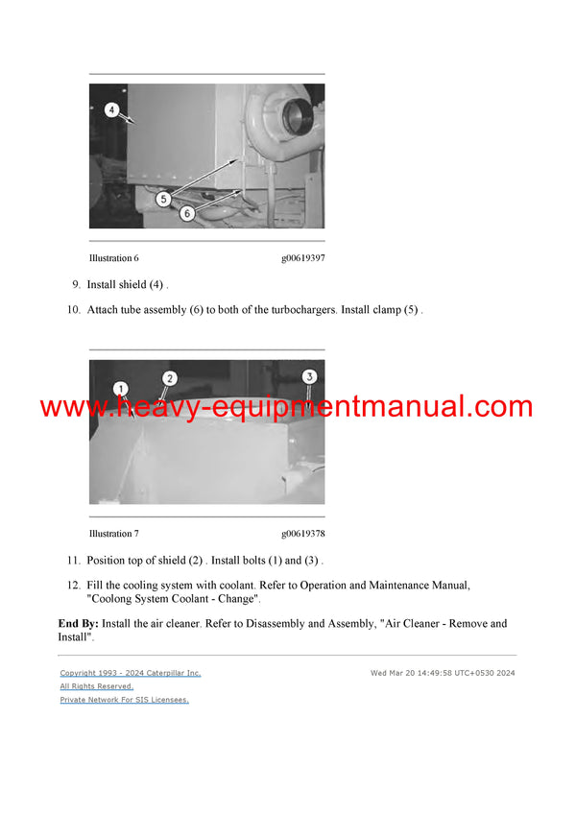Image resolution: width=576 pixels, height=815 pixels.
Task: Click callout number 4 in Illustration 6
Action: [x=111, y=110]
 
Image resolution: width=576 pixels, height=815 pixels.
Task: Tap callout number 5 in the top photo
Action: [x=164, y=199]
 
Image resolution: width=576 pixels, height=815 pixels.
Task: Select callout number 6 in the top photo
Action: [x=187, y=214]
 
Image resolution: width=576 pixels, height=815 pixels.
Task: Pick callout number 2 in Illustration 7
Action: [x=170, y=378]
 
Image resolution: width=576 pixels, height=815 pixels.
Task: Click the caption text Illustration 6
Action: [x=113, y=258]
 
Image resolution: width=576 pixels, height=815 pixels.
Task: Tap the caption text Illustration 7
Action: [x=113, y=534]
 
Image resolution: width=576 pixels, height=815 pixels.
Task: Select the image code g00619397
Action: [x=302, y=258]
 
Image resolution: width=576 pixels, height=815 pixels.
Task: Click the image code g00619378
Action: [x=302, y=534]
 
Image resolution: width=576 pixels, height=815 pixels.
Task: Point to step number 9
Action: [x=76, y=285]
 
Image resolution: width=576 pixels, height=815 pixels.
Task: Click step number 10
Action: [x=73, y=310]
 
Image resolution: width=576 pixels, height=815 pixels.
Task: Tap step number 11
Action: [x=73, y=561]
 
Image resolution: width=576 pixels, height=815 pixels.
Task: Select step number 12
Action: [x=73, y=586]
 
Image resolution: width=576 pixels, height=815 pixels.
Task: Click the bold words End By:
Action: [x=78, y=624]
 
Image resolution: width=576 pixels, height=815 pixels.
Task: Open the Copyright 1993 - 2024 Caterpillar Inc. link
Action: [x=131, y=673]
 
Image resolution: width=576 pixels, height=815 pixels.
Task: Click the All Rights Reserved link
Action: [x=96, y=686]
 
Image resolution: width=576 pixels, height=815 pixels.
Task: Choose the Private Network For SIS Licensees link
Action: [x=124, y=700]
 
